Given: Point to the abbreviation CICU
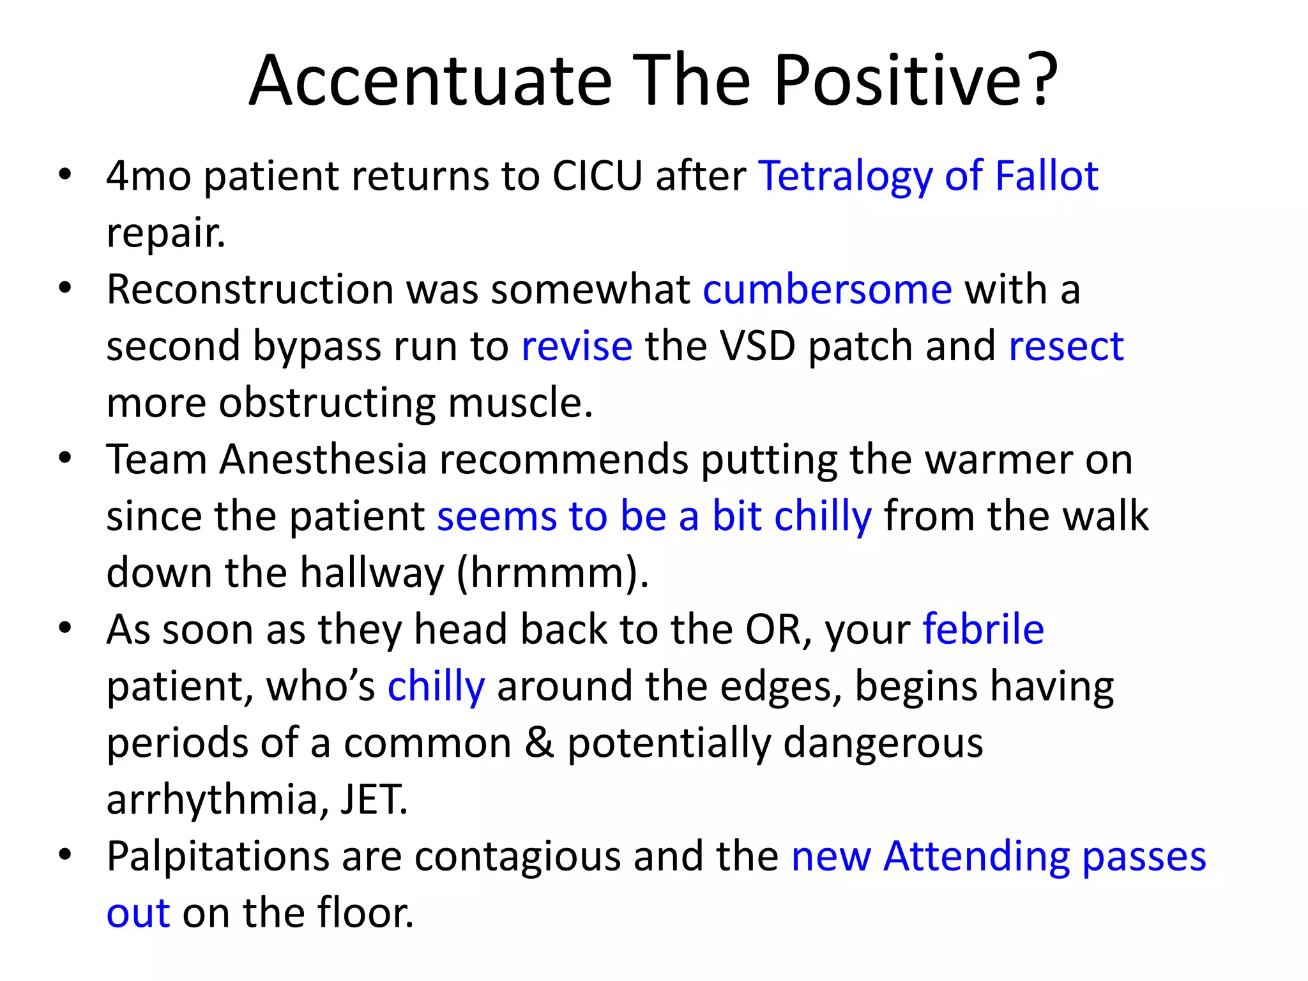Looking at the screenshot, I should (x=597, y=176).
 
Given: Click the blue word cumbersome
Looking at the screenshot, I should (x=827, y=289).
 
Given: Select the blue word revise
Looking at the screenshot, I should (x=577, y=347).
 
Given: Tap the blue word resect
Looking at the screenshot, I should (x=1066, y=347).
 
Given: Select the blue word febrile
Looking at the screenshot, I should (x=983, y=629).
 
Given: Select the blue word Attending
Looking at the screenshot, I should (x=977, y=857).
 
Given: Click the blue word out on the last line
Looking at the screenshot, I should (x=138, y=913).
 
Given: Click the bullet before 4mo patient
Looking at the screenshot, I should (x=65, y=174).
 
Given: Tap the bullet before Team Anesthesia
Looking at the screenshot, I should (x=65, y=458).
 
